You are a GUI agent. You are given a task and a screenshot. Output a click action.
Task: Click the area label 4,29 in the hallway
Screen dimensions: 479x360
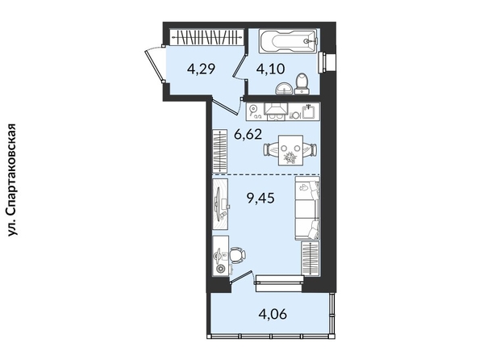tap(202, 69)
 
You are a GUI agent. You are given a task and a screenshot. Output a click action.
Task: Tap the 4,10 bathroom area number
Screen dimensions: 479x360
tap(271, 69)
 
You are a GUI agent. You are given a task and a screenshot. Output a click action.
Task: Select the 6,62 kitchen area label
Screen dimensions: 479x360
tap(248, 134)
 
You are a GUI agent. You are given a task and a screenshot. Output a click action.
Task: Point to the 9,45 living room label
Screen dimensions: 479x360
tap(260, 199)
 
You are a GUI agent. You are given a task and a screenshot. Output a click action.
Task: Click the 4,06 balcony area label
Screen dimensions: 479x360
tap(273, 314)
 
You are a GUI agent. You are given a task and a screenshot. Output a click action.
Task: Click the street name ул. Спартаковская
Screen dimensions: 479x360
tap(12, 180)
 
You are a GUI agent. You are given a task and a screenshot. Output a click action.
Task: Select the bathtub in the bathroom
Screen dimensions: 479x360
tap(289, 41)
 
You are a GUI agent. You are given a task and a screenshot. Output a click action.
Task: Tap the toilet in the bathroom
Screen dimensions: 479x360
tap(302, 83)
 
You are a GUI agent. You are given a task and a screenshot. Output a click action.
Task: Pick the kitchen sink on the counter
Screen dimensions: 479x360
tap(309, 111)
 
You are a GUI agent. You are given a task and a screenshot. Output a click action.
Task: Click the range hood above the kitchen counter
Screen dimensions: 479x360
tap(276, 111)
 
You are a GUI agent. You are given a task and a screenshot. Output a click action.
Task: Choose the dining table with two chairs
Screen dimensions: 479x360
tap(290, 150)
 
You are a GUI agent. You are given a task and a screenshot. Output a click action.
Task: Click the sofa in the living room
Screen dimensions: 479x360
tap(307, 208)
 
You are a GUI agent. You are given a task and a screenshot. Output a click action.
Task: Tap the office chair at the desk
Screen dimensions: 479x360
tap(237, 255)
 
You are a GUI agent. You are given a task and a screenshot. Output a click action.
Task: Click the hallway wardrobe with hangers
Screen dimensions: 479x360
tap(207, 37)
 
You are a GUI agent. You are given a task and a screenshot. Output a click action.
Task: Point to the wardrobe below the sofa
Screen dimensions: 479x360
tap(310, 257)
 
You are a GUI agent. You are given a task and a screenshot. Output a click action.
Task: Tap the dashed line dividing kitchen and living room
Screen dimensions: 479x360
tap(266, 174)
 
